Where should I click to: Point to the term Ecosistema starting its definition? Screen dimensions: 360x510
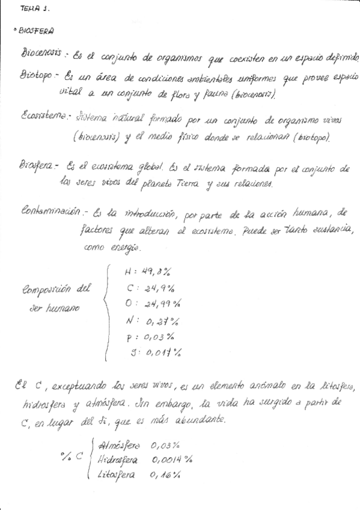coord(46,115)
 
